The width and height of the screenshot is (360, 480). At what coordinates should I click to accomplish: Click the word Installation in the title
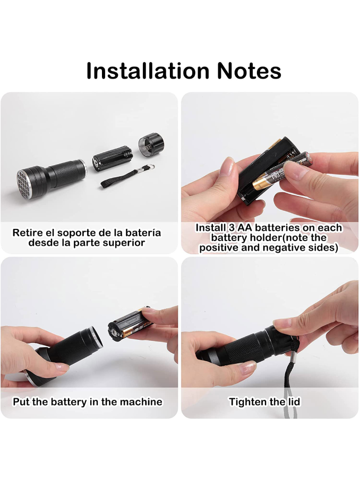click(x=148, y=71)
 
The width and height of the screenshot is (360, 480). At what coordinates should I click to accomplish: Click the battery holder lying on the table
click(x=113, y=158)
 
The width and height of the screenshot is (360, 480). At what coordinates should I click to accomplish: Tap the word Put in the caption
click(x=21, y=401)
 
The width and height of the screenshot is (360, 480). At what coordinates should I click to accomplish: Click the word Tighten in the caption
click(x=247, y=401)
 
